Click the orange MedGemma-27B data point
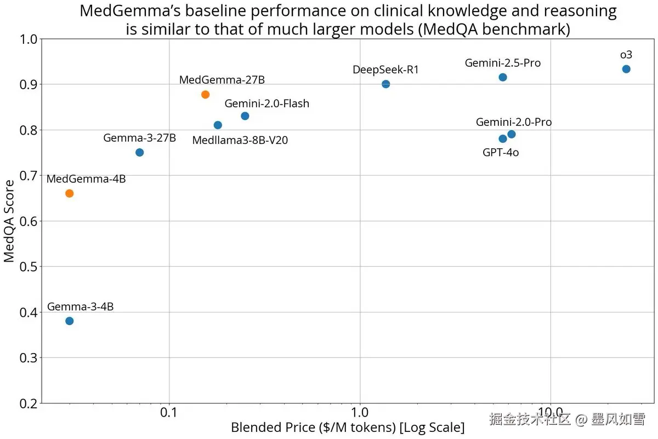[x=205, y=94]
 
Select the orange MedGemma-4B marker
[x=69, y=193]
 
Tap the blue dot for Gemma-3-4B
[x=69, y=321]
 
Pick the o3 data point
[x=626, y=69]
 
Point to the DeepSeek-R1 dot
[x=385, y=84]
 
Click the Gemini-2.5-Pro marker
[x=503, y=77]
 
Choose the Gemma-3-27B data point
[x=139, y=152]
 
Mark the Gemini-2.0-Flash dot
[x=245, y=116]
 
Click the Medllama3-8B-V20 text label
[x=240, y=141]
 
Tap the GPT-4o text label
[x=501, y=153]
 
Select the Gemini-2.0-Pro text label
[x=514, y=122]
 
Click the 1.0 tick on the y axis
[x=28, y=39]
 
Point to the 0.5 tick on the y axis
[x=28, y=267]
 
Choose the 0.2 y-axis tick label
[x=28, y=404]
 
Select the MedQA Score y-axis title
[x=9, y=222]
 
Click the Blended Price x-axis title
[x=348, y=428]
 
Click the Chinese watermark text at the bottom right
[x=567, y=420]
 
